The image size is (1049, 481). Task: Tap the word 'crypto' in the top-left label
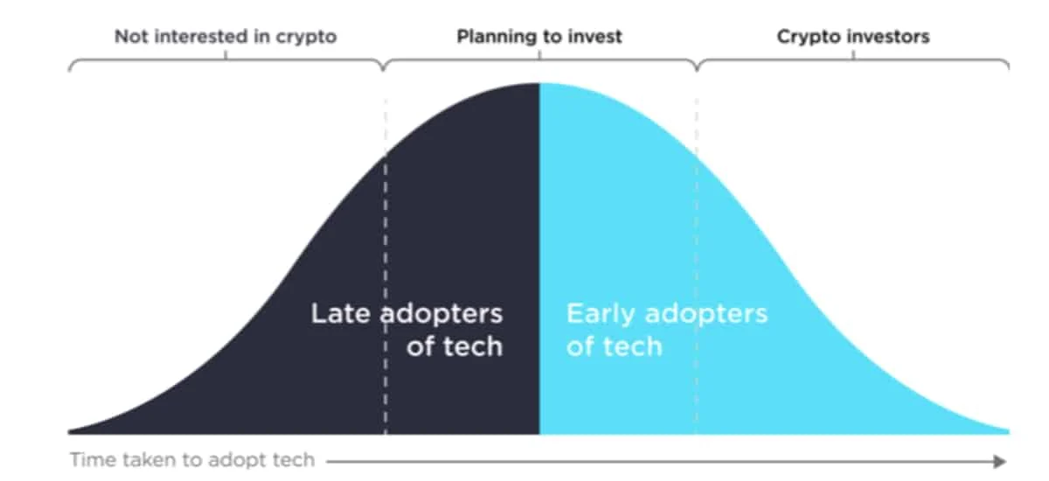(306, 38)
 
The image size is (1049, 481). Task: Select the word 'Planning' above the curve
(494, 38)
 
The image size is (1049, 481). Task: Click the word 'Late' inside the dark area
(340, 313)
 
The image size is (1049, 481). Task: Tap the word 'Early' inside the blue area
(601, 315)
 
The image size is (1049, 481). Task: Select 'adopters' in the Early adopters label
(706, 315)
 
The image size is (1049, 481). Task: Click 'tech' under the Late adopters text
(473, 346)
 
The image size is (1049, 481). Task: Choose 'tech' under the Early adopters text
(633, 346)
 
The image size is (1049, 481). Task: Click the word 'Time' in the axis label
(94, 459)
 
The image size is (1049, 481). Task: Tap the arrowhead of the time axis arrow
(1000, 462)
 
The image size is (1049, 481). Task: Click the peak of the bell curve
(539, 83)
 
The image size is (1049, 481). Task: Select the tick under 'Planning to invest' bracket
(539, 55)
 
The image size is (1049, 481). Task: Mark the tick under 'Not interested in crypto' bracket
(226, 55)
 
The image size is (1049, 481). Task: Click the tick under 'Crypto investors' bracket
(853, 55)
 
